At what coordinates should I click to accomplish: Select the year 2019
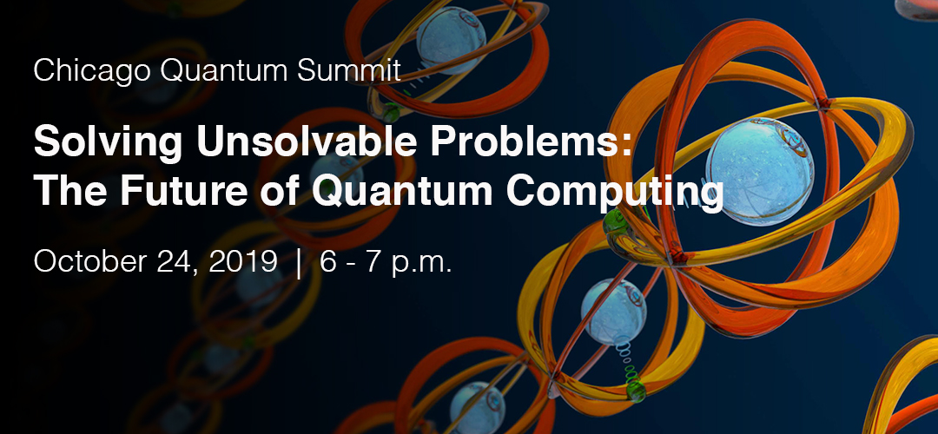243,262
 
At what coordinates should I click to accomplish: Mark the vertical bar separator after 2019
299,264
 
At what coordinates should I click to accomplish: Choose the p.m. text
421,264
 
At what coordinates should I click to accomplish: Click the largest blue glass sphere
760,171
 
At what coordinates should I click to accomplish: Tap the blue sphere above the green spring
614,312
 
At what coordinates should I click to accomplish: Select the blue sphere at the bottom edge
477,408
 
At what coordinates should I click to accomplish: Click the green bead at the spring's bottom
636,391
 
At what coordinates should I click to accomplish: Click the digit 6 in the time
327,262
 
